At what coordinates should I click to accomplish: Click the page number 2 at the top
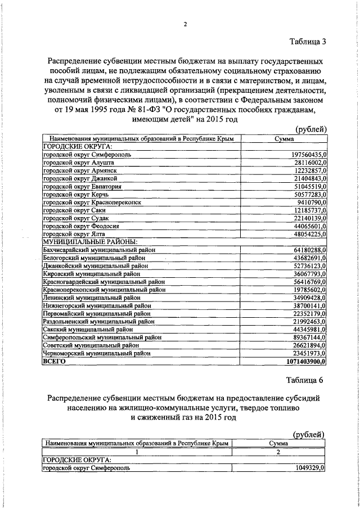[x=185, y=24]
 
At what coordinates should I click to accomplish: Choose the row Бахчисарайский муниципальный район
[x=99, y=250]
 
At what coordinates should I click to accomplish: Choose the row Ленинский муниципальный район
[x=92, y=298]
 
